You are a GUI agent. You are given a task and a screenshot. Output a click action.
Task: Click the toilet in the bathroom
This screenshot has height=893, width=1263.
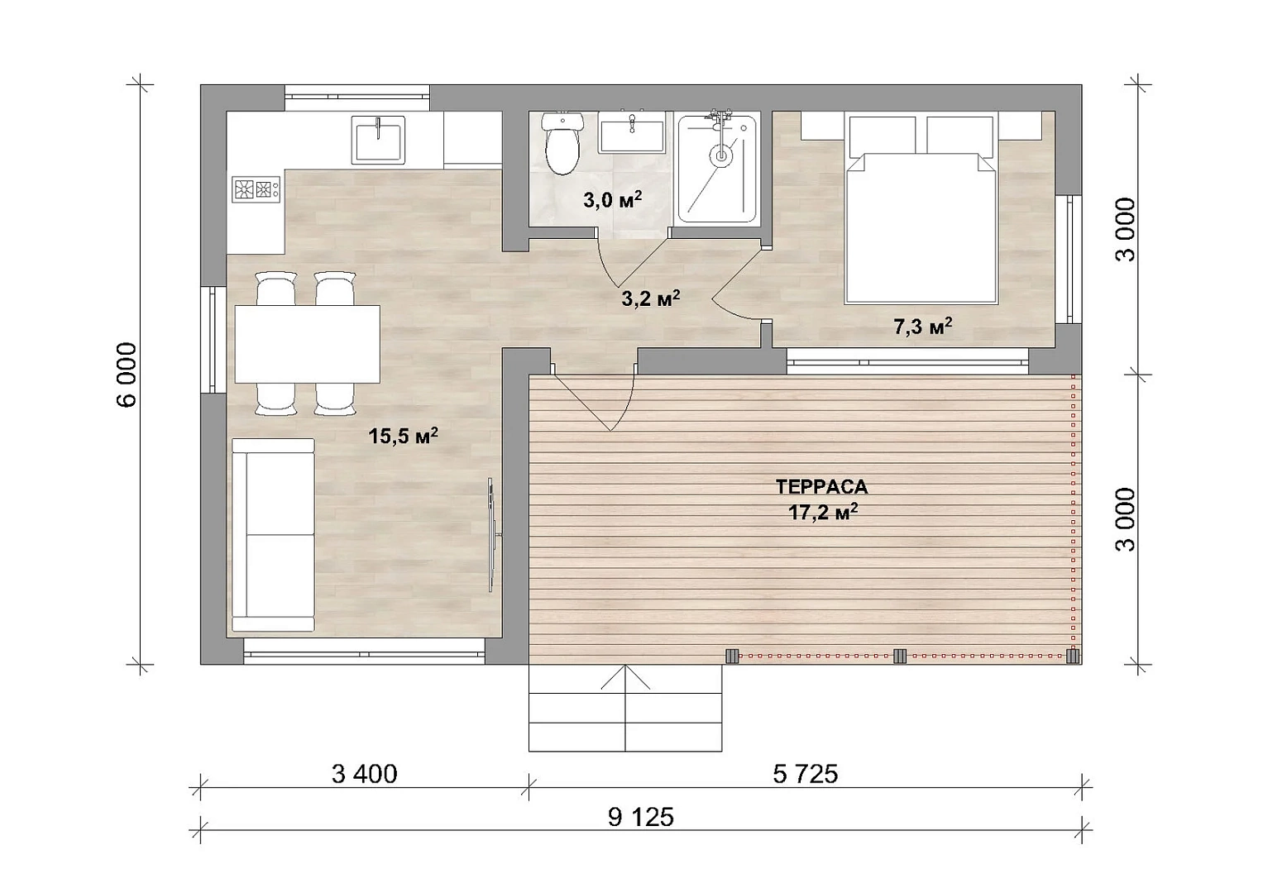[x=562, y=144]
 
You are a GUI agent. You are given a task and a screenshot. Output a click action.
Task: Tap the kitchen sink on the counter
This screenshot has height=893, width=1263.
[x=378, y=140]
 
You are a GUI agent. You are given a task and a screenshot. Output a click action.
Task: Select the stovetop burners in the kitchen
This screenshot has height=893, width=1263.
[x=256, y=189]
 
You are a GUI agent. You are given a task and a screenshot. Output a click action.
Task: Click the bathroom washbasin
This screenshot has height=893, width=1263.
[x=632, y=132]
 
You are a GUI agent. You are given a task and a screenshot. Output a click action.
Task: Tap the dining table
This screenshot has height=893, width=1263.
[x=308, y=344]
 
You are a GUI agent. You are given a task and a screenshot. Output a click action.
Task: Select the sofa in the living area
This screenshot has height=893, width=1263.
[x=273, y=535]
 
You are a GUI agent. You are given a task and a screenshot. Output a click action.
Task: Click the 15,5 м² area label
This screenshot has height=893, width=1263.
[x=403, y=436]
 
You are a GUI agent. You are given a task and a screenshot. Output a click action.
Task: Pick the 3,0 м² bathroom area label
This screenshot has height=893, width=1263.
[x=612, y=199]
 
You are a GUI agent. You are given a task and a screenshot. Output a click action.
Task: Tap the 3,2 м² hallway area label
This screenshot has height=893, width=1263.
[x=651, y=298]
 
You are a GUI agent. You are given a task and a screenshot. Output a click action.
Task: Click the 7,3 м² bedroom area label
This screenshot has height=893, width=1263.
[x=923, y=326]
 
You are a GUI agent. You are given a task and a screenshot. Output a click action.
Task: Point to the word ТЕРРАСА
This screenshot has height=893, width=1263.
[x=822, y=486]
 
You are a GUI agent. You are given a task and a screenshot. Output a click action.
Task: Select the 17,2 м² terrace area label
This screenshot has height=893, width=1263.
[x=823, y=512]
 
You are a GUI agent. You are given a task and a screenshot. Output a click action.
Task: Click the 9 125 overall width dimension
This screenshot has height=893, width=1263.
[x=640, y=817]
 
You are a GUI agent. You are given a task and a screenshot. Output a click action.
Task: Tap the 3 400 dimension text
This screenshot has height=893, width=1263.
[x=364, y=774]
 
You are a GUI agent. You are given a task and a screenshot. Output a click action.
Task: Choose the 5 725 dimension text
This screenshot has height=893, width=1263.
[x=805, y=774]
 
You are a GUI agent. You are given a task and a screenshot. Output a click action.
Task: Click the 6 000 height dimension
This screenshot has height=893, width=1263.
[x=127, y=375]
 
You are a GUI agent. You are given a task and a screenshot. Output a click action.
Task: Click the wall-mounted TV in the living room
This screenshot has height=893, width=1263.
[x=492, y=535]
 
